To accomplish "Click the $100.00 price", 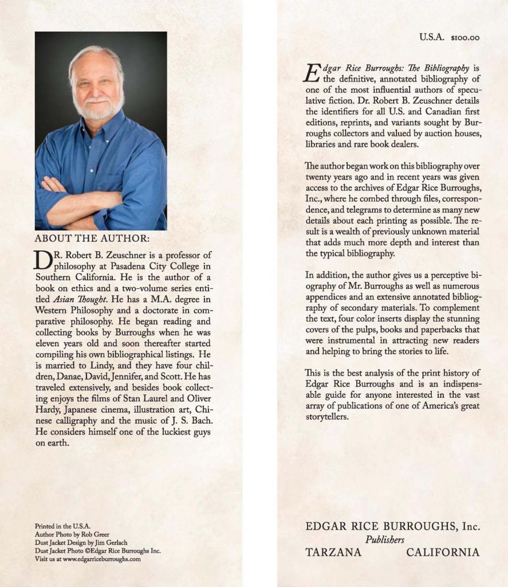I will tap(465, 38).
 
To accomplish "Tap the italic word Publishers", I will tap(385, 539).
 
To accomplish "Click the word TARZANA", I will tap(333, 553).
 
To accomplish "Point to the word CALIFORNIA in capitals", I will tap(443, 553).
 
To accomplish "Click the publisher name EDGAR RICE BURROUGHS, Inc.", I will tap(392, 526).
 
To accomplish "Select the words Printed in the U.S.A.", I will tap(62, 526).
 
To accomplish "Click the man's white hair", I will tap(94, 53).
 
